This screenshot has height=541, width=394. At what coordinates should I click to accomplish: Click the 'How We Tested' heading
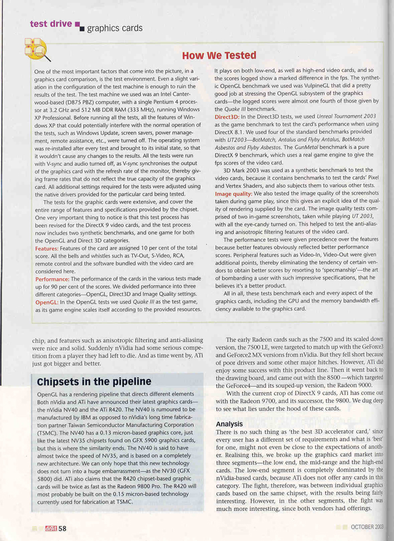219,55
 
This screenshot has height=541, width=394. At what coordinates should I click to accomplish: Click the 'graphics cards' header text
115,28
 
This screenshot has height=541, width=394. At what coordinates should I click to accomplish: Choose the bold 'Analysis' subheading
229,423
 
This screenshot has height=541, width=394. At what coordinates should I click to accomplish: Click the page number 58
62,528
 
